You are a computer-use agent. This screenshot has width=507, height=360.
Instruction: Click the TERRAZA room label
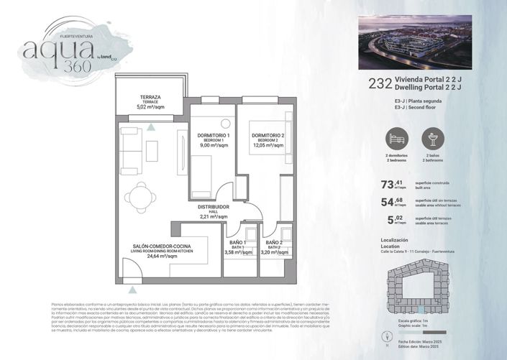(150, 96)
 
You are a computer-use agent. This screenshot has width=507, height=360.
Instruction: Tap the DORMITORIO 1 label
(213, 136)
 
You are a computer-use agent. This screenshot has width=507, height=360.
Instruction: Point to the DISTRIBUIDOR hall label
(214, 207)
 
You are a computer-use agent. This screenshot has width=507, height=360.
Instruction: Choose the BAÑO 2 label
(273, 243)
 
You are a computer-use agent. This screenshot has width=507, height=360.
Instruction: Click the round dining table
(138, 194)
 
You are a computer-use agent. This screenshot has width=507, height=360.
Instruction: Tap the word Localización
(394, 239)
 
